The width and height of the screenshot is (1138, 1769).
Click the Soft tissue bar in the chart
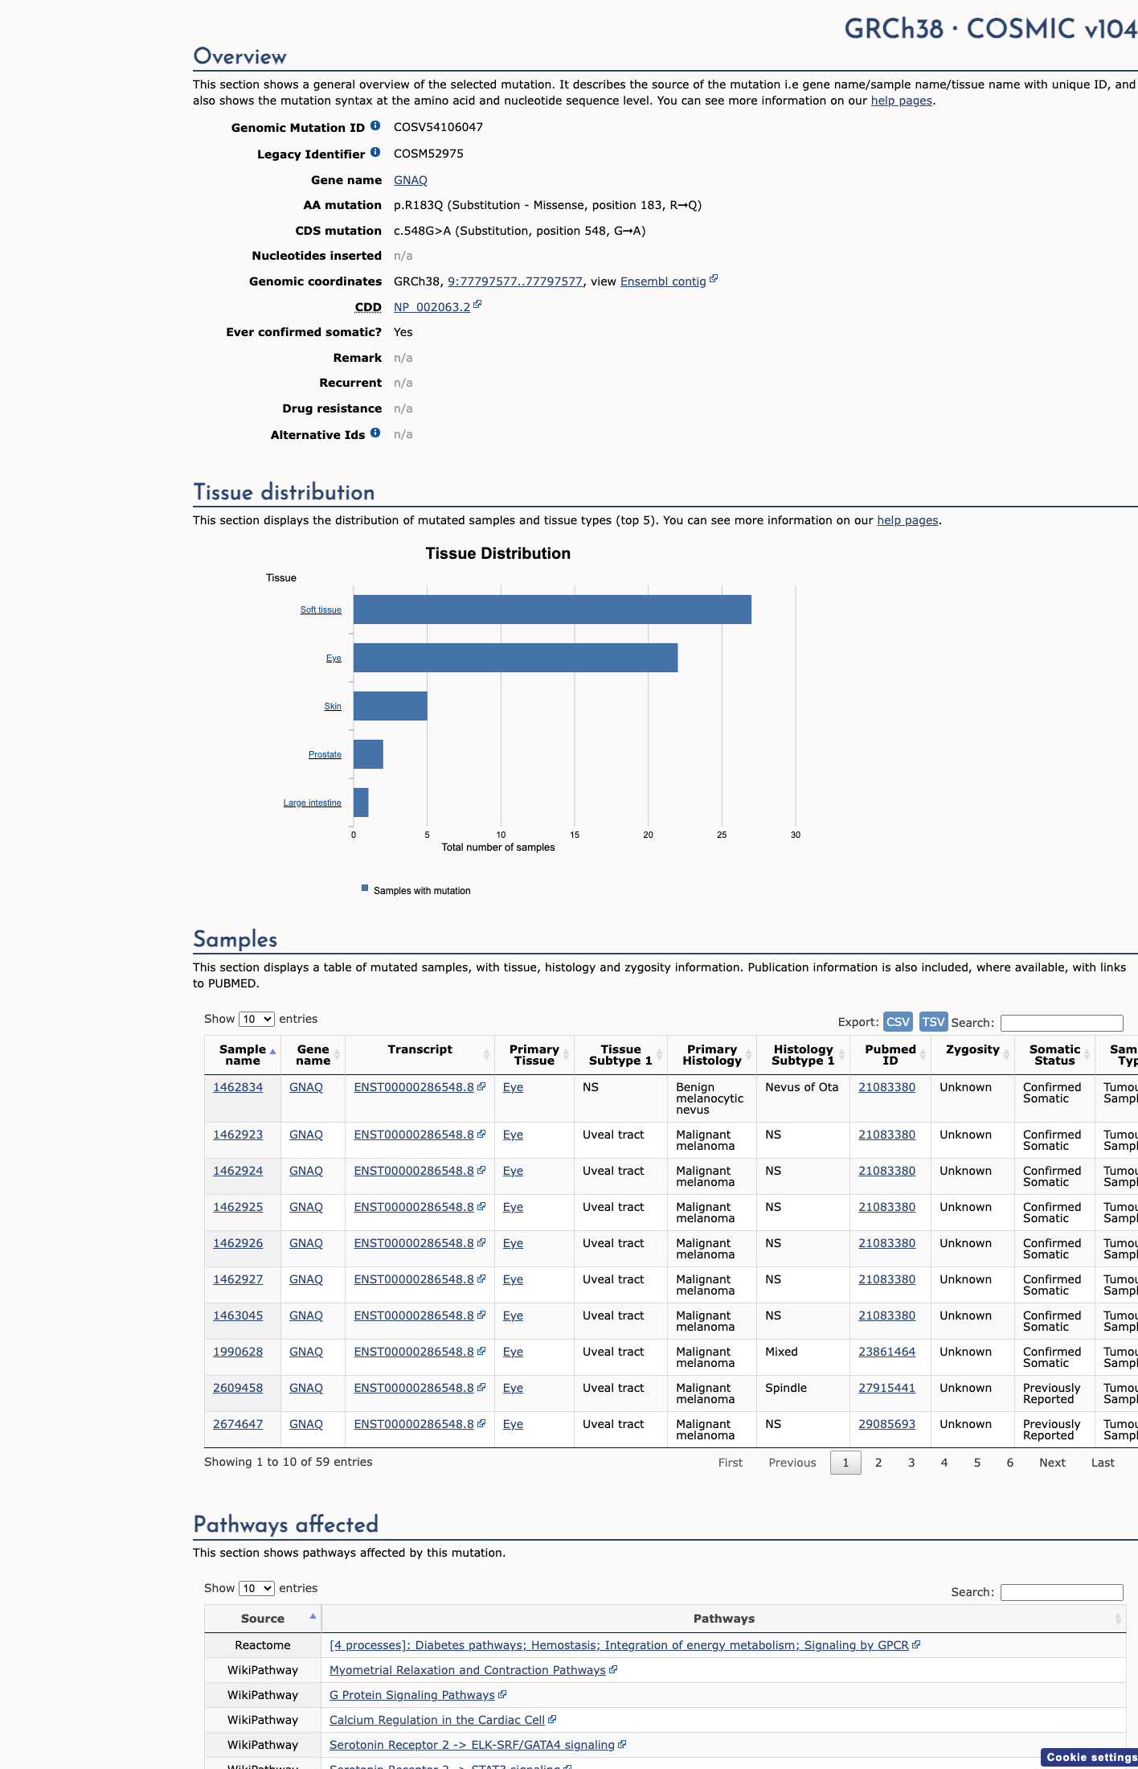point(552,610)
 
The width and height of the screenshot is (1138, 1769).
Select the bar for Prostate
point(368,754)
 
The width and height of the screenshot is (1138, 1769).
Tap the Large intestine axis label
point(312,802)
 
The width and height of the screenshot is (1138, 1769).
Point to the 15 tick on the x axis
point(575,835)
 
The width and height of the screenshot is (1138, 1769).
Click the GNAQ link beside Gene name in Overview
point(411,180)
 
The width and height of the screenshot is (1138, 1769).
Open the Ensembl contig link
point(663,281)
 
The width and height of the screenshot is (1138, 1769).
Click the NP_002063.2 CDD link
point(432,307)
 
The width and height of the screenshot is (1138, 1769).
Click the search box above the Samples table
point(1062,1023)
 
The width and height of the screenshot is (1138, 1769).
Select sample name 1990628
point(238,1352)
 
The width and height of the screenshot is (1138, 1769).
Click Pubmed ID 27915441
point(886,1388)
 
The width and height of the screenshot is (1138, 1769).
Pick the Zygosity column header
point(972,1049)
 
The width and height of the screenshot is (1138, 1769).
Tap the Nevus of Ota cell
point(801,1087)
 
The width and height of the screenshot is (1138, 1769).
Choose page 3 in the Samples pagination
point(911,1463)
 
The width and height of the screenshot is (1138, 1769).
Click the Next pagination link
point(1052,1463)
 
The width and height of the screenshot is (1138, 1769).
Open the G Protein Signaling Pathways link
point(412,1695)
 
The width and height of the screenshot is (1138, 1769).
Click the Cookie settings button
point(1091,1757)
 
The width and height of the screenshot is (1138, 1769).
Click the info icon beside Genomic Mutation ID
point(375,125)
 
